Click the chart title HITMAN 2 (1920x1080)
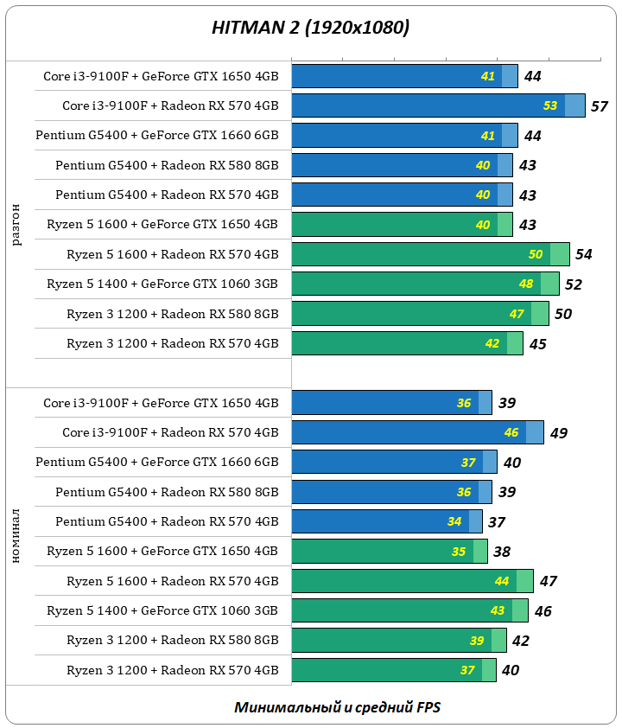click(x=311, y=28)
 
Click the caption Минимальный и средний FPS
click(x=337, y=707)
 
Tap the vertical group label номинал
click(x=16, y=536)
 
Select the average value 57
click(x=600, y=106)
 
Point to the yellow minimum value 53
click(x=550, y=106)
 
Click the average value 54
click(x=583, y=254)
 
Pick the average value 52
click(x=573, y=284)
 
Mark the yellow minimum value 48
click(x=525, y=284)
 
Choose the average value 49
click(x=558, y=432)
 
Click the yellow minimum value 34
click(x=454, y=521)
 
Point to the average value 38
click(x=501, y=552)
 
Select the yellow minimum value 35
click(x=459, y=552)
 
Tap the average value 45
click(x=537, y=343)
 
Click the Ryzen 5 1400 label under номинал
click(x=162, y=610)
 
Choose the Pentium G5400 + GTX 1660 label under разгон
click(x=157, y=136)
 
